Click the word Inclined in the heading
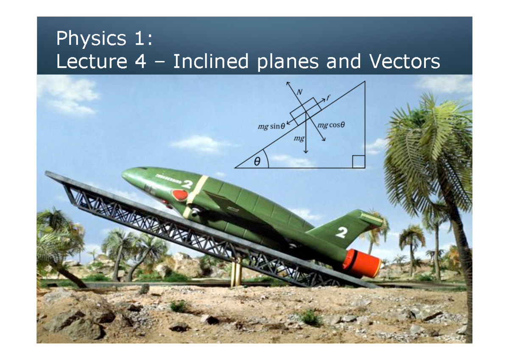click(x=210, y=62)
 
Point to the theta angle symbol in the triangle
click(x=257, y=162)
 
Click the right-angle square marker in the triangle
click(x=358, y=162)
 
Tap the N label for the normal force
click(x=300, y=92)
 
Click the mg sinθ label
click(x=271, y=126)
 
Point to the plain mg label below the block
click(x=299, y=138)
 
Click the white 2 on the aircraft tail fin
click(x=342, y=232)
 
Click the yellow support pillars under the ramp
click(x=235, y=274)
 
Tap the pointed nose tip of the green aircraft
click(x=123, y=173)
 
